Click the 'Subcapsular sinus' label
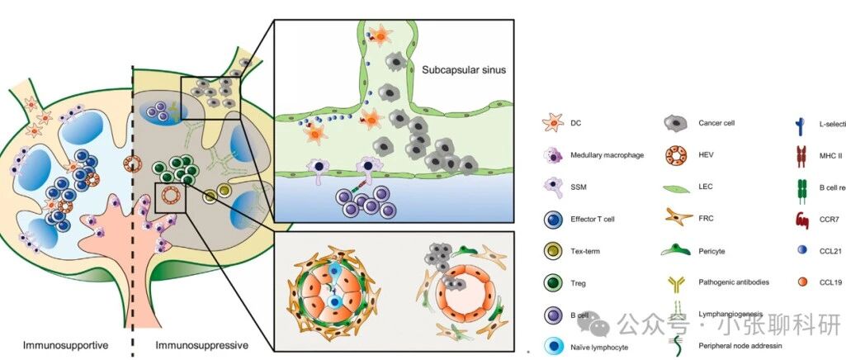pyautogui.click(x=463, y=69)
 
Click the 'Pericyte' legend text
pyautogui.click(x=714, y=249)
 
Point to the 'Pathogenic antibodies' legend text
pyautogui.click(x=733, y=282)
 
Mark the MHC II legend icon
pyautogui.click(x=801, y=154)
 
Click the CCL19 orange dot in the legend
pyautogui.click(x=801, y=281)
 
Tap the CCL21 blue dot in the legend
pyautogui.click(x=801, y=249)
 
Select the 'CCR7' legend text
pyautogui.click(x=829, y=218)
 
